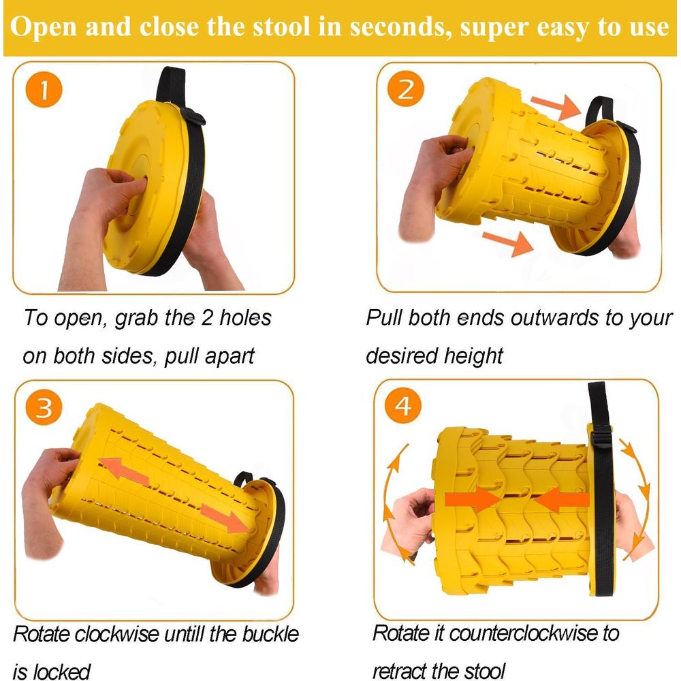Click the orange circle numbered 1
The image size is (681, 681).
44,89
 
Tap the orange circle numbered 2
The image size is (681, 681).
406,89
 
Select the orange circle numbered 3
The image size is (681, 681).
44,407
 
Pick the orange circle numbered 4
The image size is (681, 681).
403,405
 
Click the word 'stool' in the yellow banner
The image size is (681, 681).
281,27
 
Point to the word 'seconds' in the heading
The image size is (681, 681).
400,27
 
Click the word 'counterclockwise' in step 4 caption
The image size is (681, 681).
523,633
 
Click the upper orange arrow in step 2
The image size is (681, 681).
556,106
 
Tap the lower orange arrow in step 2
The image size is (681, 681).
508,243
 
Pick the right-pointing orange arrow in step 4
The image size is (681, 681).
473,499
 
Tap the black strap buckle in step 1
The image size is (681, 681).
193,116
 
